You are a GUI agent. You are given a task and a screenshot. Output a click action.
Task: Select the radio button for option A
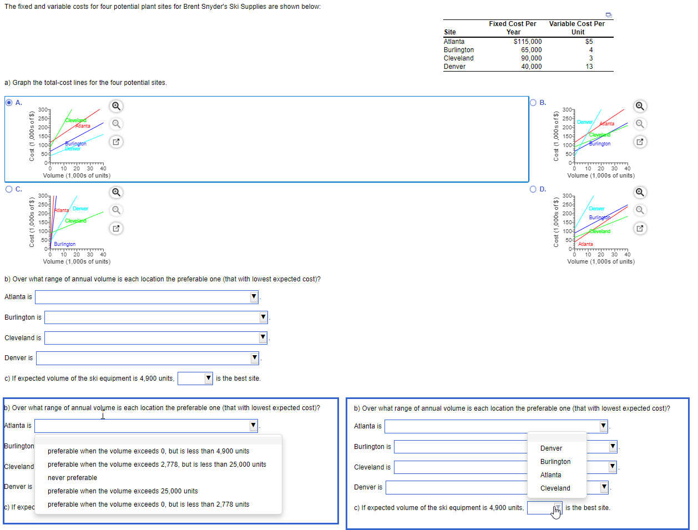[9, 103]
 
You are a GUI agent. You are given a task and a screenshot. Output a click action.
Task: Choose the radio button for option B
[534, 103]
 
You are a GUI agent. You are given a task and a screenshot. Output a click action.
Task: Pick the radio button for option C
[9, 189]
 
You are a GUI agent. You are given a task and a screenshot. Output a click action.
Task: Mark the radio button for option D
[534, 189]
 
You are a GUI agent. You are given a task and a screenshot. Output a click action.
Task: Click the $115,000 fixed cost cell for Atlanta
[528, 42]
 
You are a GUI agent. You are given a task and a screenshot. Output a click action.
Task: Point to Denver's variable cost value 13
[589, 67]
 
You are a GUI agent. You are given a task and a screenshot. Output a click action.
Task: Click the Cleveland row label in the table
[458, 58]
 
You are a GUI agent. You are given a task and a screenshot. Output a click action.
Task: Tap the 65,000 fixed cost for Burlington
[531, 50]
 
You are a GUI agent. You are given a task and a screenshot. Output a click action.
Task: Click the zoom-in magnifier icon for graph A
[116, 106]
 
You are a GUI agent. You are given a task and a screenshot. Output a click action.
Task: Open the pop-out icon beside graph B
[640, 142]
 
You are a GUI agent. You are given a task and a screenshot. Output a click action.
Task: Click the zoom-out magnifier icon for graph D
[640, 210]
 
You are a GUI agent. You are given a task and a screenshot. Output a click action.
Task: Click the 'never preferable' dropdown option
[72, 478]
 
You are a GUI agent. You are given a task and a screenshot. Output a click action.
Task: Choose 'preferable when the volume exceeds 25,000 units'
[123, 491]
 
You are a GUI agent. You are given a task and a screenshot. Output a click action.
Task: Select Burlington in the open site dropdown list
[555, 462]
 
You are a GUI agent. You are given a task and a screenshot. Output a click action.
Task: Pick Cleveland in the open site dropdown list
[555, 488]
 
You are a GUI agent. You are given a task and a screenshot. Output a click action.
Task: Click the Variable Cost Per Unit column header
[577, 28]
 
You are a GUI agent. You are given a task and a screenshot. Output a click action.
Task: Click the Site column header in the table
[450, 32]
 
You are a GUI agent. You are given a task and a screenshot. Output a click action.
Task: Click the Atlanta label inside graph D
[585, 244]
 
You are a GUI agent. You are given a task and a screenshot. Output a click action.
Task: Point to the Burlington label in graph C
[65, 244]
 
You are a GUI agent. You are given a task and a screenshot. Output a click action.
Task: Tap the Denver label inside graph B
[585, 122]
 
